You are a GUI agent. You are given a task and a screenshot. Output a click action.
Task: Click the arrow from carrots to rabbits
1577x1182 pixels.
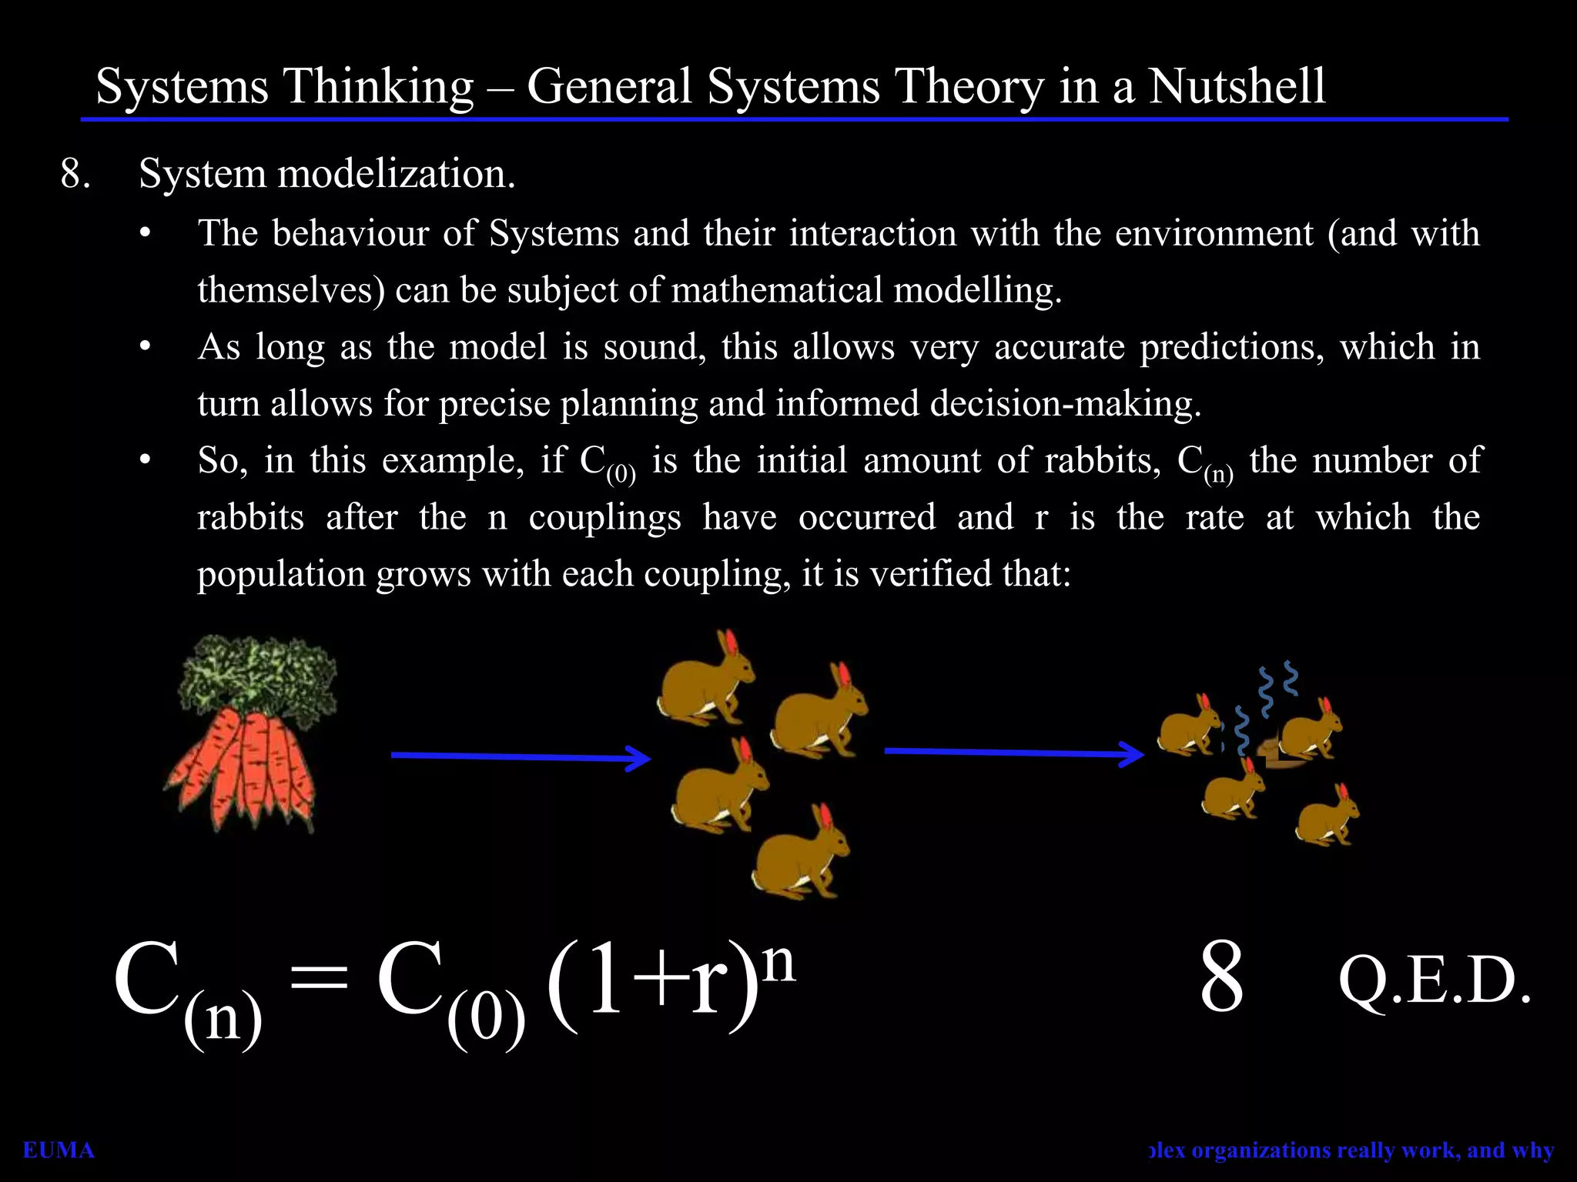click(x=521, y=757)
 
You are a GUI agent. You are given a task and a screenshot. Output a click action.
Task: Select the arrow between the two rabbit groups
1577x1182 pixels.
click(x=1013, y=753)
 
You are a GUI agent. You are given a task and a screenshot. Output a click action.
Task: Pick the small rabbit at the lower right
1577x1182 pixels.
click(x=1326, y=819)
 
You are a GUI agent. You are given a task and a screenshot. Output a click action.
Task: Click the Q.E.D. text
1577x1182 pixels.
click(x=1434, y=982)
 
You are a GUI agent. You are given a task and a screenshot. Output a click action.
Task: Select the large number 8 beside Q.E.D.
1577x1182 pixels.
click(x=1221, y=977)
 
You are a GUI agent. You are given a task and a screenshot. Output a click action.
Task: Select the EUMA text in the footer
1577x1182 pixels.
click(x=59, y=1150)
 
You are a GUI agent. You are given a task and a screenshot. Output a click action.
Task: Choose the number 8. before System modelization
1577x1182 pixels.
click(x=75, y=174)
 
